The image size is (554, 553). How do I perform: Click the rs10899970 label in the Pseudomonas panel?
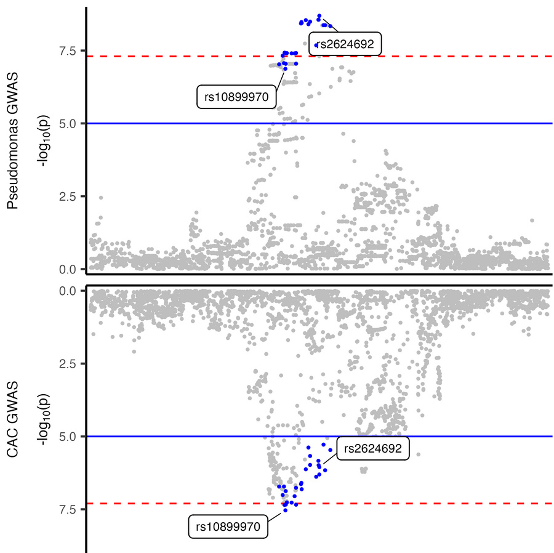point(236,97)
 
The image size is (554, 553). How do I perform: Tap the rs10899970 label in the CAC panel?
point(228,527)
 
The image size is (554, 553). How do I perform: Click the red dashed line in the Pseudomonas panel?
point(431,56)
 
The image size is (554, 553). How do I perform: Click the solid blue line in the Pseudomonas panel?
point(431,123)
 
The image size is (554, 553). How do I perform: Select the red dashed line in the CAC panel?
point(431,503)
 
